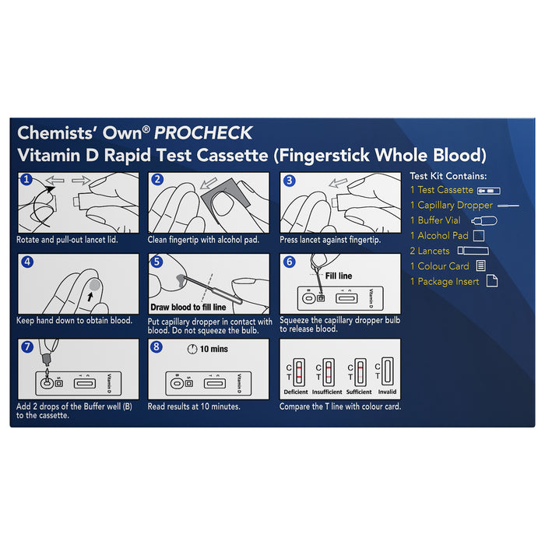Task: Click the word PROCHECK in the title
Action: tap(203, 133)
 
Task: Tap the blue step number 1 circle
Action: tap(26, 179)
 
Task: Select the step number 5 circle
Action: tap(156, 262)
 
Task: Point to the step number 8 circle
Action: tap(156, 346)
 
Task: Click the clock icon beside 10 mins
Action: tap(192, 349)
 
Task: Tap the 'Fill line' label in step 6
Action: tap(339, 276)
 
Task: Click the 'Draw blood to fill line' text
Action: tap(188, 308)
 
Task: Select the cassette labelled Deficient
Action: tap(299, 372)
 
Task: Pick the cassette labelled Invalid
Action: tap(387, 371)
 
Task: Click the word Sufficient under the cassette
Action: tap(359, 392)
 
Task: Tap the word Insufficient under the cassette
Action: tap(327, 392)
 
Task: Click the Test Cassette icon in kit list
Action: tap(489, 191)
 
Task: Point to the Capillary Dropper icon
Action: tap(508, 206)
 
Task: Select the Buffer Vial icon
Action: tap(484, 220)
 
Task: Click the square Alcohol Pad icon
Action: tap(479, 236)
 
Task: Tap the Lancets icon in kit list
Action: tap(473, 251)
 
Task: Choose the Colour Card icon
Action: tap(480, 266)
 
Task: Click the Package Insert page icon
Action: tap(492, 280)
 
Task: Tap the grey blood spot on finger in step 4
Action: tap(94, 286)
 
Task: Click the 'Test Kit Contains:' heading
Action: tap(448, 176)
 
